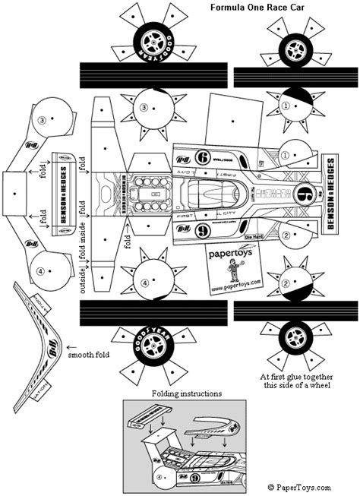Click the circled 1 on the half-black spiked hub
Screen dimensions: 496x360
tap(286, 107)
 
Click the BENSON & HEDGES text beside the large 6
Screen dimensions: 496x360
tap(331, 194)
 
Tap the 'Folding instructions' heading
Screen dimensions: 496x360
tap(186, 394)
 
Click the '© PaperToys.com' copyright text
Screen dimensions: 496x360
tap(298, 487)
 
